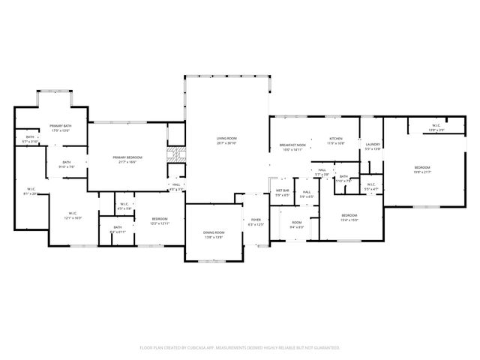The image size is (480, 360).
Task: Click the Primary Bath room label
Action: click(x=61, y=126)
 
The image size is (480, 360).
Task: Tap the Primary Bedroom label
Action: click(x=127, y=157)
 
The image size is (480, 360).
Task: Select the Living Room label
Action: click(x=226, y=138)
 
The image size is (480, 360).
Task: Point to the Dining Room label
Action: click(x=214, y=232)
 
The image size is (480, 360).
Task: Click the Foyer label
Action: click(x=256, y=220)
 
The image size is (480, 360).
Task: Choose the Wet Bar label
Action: click(x=282, y=190)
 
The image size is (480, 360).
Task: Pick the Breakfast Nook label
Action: click(x=292, y=145)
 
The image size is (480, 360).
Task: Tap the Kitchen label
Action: click(x=335, y=139)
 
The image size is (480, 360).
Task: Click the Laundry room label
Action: click(x=373, y=145)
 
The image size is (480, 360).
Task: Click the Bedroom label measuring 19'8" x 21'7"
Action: click(x=422, y=167)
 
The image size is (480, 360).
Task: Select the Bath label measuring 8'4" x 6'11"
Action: click(x=118, y=227)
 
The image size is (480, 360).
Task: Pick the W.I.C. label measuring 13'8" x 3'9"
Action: click(x=436, y=125)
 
